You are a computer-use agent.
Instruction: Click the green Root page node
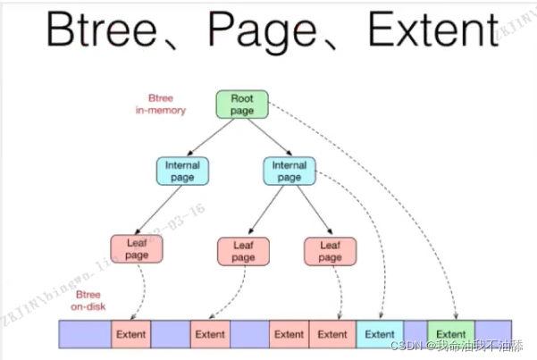click(242, 104)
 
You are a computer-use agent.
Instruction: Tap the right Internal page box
click(289, 171)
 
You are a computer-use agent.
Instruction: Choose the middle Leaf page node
click(243, 250)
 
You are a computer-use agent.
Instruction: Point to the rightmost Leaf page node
click(330, 250)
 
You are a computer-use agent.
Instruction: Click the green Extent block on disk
click(451, 334)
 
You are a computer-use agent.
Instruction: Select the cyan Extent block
click(380, 334)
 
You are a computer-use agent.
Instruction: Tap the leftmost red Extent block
click(130, 334)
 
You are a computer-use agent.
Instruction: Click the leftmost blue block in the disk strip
click(85, 334)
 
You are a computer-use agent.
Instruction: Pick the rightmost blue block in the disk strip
click(493, 334)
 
